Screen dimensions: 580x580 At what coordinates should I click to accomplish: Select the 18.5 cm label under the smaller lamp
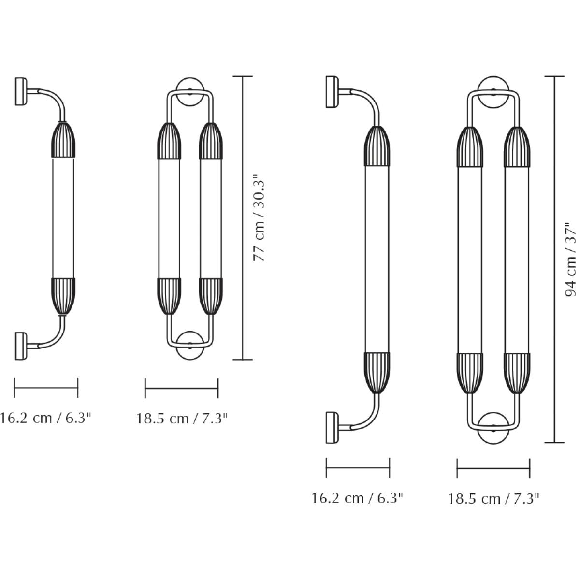pyautogui.click(x=182, y=419)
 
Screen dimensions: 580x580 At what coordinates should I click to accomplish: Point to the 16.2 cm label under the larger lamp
pyautogui.click(x=357, y=498)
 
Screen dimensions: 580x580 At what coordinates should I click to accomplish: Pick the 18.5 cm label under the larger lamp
pyautogui.click(x=493, y=499)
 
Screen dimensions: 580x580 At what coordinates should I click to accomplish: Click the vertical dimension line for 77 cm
pyautogui.click(x=243, y=218)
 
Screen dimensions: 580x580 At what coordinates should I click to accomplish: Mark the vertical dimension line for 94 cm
pyautogui.click(x=554, y=260)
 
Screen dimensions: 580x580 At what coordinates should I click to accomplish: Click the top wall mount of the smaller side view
pyautogui.click(x=21, y=91)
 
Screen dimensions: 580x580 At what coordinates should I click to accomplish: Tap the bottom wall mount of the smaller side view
pyautogui.click(x=21, y=346)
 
